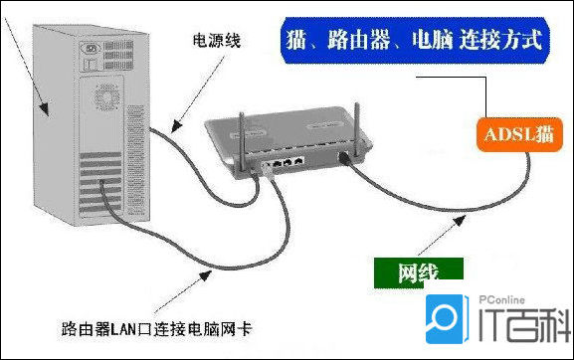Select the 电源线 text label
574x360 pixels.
pos(217,42)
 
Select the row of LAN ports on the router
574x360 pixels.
pos(289,162)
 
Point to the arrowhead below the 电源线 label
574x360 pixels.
pos(172,128)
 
